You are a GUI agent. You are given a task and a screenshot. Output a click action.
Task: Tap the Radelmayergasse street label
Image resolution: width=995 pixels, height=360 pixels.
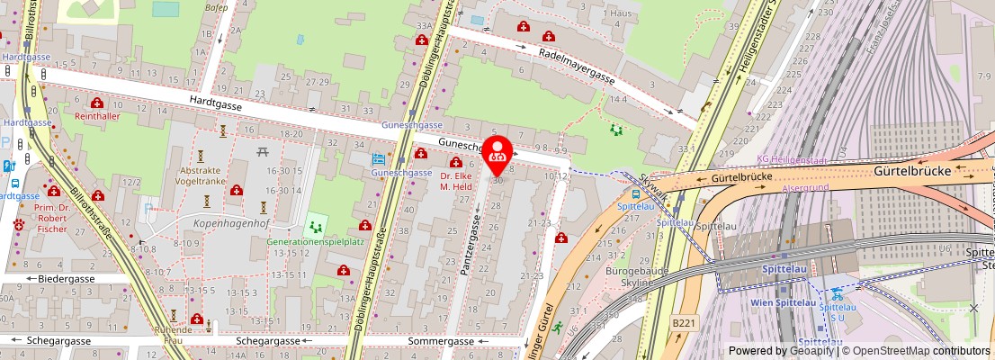click(577, 67)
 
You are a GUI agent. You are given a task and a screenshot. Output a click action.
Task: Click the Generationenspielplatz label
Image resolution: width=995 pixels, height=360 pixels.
click(315, 242)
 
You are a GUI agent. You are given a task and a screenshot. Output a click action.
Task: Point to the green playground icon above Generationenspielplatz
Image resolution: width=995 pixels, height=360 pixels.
click(315, 225)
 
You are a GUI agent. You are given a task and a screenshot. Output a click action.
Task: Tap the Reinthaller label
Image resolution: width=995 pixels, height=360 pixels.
click(96, 117)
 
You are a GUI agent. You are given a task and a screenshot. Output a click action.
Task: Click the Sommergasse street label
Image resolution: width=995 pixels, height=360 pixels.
click(440, 342)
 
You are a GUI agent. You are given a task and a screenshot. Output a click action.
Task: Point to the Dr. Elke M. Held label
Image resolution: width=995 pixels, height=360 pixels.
click(456, 182)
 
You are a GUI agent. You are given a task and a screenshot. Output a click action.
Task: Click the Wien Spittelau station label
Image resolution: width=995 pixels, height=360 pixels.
click(784, 302)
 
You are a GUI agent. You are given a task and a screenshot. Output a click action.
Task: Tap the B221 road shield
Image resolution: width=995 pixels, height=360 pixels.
click(684, 320)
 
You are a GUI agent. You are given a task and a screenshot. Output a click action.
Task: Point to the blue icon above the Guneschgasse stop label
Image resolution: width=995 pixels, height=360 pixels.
click(378, 159)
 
